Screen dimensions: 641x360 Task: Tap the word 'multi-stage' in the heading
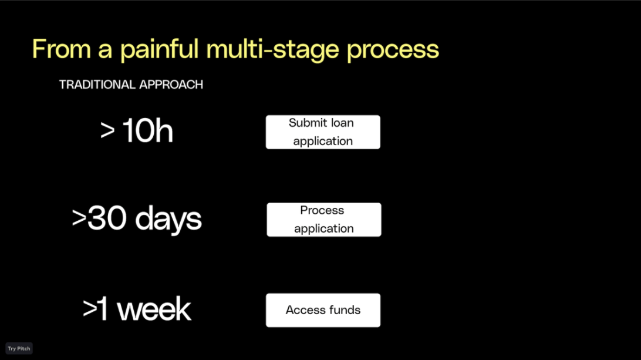click(x=273, y=50)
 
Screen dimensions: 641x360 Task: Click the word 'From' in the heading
click(x=61, y=49)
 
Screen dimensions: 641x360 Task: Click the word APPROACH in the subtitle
click(x=171, y=84)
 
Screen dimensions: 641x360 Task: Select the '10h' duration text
click(x=147, y=130)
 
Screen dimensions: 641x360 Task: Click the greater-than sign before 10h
click(x=107, y=131)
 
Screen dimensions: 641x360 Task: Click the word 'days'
click(x=168, y=219)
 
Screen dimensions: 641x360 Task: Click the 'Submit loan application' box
click(x=323, y=132)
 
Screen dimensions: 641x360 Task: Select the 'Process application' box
click(x=324, y=220)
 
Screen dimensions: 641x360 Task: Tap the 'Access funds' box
click(x=323, y=310)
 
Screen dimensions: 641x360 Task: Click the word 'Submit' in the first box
click(x=306, y=123)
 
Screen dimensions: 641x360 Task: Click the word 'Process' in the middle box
click(x=322, y=210)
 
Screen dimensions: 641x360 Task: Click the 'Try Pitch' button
click(x=19, y=348)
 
